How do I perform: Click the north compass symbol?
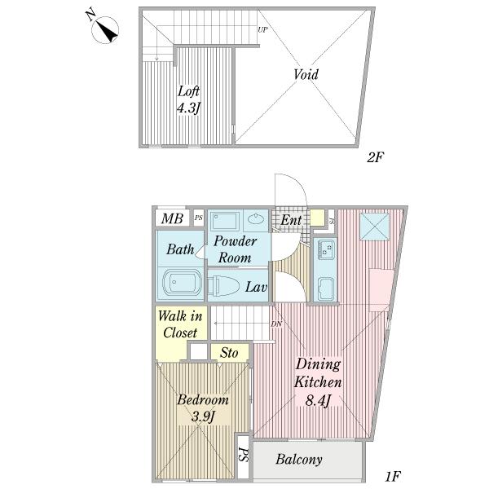click(x=105, y=29)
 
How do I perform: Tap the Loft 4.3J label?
click(x=188, y=99)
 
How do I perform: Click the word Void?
click(x=306, y=74)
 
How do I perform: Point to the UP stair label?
click(x=262, y=30)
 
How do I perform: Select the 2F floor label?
click(x=375, y=157)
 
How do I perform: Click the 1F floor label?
click(x=393, y=476)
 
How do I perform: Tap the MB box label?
click(x=172, y=218)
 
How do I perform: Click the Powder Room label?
click(x=235, y=249)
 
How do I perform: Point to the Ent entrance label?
click(x=291, y=220)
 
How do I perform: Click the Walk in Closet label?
click(x=180, y=324)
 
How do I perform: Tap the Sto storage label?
click(x=229, y=353)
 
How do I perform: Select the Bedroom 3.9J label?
click(x=203, y=408)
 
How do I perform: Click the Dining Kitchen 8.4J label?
click(x=318, y=382)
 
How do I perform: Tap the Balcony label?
click(x=299, y=460)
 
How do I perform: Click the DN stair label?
click(x=276, y=324)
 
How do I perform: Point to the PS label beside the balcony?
click(x=243, y=455)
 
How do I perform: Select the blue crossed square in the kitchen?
click(x=375, y=227)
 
